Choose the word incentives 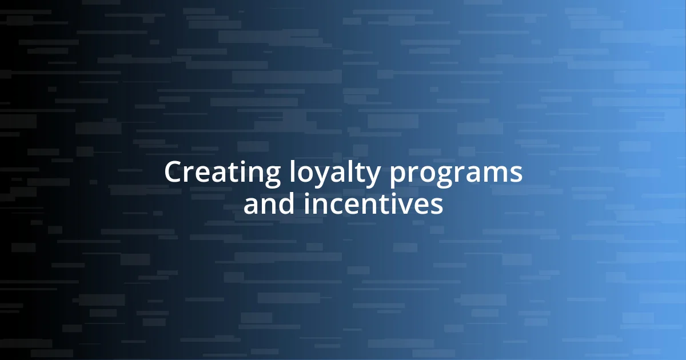click(x=373, y=205)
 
